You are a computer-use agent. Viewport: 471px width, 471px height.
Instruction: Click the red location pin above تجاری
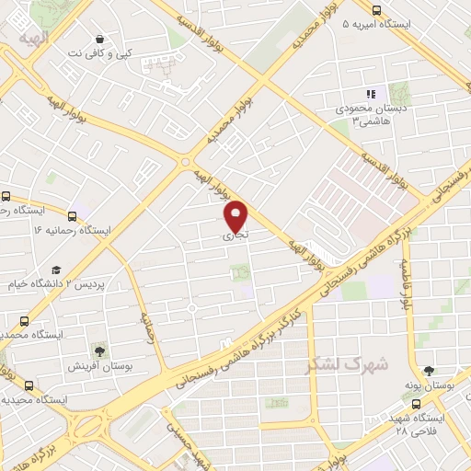237,215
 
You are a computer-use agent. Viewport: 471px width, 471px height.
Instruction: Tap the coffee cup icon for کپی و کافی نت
99,39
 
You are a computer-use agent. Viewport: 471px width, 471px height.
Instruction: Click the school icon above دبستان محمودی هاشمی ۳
371,94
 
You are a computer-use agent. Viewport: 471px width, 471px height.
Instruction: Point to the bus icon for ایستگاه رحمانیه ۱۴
6,197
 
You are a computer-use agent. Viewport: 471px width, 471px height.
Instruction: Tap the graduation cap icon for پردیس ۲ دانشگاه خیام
56,270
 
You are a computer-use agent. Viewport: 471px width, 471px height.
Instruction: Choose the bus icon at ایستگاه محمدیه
24,321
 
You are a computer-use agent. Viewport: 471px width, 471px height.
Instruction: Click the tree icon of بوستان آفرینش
99,350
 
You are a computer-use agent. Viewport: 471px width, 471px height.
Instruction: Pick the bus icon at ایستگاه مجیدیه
30,385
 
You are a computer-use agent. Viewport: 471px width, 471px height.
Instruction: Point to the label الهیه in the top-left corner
33,39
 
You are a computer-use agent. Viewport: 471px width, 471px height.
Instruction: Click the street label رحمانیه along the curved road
146,324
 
